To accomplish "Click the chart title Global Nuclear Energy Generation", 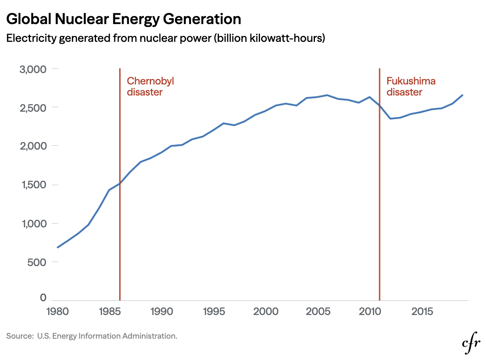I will pyautogui.click(x=124, y=19).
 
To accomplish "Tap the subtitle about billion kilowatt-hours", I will pyautogui.click(x=165, y=39).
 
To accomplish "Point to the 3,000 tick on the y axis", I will pyautogui.click(x=33, y=69).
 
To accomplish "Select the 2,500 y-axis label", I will pyautogui.click(x=33, y=108).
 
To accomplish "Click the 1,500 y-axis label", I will pyautogui.click(x=33, y=185).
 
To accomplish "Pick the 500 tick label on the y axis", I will pyautogui.click(x=38, y=262).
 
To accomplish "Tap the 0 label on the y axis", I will pyautogui.click(x=43, y=298).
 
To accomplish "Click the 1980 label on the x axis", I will pyautogui.click(x=58, y=311).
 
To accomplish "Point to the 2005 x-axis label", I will pyautogui.click(x=318, y=311).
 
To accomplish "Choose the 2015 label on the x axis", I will pyautogui.click(x=422, y=311).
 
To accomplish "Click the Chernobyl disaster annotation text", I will pyautogui.click(x=150, y=86).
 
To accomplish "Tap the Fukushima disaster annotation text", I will pyautogui.click(x=411, y=86).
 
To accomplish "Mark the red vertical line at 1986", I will pyautogui.click(x=120, y=237).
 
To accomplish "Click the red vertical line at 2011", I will pyautogui.click(x=380, y=237).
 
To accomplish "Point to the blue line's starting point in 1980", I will pyautogui.click(x=58, y=247).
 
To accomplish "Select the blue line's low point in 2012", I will pyautogui.click(x=390, y=118).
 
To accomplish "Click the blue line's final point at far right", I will pyautogui.click(x=462, y=95).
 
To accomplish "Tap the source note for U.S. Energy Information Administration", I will pyautogui.click(x=92, y=336).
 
